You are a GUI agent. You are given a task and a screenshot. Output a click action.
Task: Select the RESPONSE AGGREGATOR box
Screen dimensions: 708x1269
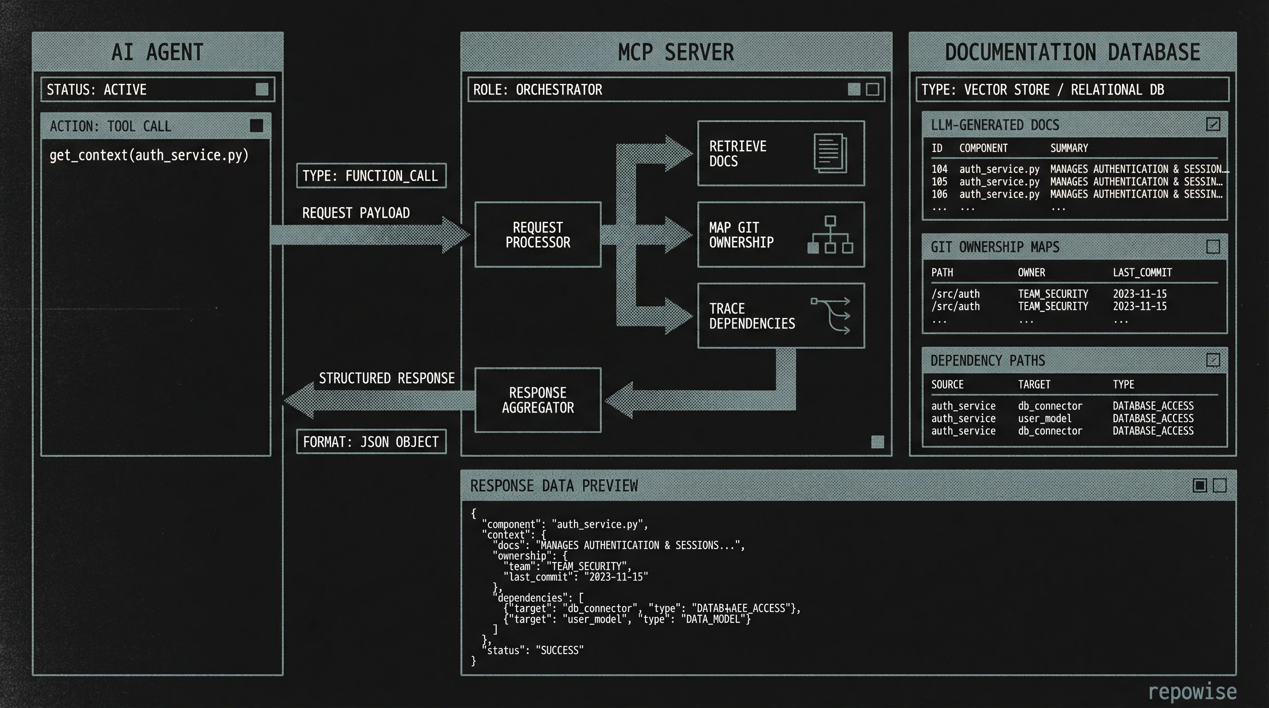pyautogui.click(x=538, y=400)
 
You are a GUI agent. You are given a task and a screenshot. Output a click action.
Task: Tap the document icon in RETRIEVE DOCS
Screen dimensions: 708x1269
pyautogui.click(x=830, y=153)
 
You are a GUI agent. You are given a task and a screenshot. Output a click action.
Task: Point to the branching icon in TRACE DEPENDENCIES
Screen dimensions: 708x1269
pyautogui.click(x=831, y=316)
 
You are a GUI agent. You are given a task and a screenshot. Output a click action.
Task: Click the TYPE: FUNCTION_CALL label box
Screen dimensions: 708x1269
pyautogui.click(x=371, y=176)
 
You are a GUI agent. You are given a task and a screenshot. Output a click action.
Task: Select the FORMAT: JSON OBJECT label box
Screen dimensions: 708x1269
pyautogui.click(x=371, y=442)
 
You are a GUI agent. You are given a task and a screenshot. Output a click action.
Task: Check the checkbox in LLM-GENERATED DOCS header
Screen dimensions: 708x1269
pyautogui.click(x=1213, y=124)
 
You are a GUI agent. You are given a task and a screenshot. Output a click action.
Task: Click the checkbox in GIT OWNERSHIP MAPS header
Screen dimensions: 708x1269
pyautogui.click(x=1213, y=246)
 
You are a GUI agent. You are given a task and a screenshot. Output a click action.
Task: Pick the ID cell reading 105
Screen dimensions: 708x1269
pyautogui.click(x=939, y=182)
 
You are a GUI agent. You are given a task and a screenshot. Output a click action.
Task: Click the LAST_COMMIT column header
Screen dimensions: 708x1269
pyautogui.click(x=1142, y=272)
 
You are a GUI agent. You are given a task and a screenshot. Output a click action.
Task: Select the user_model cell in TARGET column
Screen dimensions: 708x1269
pyautogui.click(x=1044, y=419)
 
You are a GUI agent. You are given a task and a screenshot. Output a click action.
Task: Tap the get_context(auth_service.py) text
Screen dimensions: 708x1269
pyautogui.click(x=149, y=155)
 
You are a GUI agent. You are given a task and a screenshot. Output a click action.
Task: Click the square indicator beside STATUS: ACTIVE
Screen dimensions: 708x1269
pyautogui.click(x=261, y=89)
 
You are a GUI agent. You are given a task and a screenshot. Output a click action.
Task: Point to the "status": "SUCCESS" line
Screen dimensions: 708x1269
pyautogui.click(x=534, y=650)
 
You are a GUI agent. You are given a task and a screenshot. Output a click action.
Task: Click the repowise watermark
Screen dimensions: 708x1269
pyautogui.click(x=1192, y=691)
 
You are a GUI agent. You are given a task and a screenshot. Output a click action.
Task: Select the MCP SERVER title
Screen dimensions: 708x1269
pyautogui.click(x=676, y=52)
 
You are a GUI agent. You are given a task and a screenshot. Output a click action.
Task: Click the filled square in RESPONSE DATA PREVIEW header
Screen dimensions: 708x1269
pyautogui.click(x=1199, y=485)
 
